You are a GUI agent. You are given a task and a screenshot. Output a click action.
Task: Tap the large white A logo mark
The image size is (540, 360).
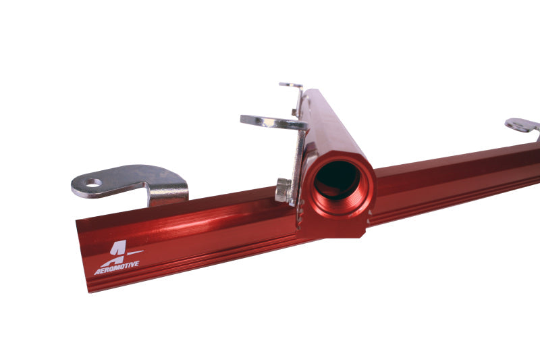pos(113,251)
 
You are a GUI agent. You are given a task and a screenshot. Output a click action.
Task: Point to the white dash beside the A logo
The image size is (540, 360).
pos(134,253)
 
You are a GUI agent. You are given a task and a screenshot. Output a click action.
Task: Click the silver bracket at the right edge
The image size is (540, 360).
pos(523,126)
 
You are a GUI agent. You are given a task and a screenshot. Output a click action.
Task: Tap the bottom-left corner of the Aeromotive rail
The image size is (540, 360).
pos(90,290)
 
